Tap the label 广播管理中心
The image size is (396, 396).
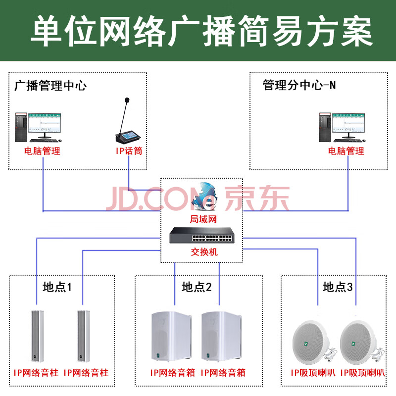pos(50,86)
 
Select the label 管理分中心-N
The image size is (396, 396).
pos(299,85)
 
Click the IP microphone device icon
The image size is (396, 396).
pos(128,124)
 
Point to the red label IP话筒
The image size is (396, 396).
pos(128,150)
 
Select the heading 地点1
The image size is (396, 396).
pos(57,287)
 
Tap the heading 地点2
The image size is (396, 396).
pos(197,287)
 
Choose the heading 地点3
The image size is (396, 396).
pos(338,287)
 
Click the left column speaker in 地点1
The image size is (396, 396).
pos(36,336)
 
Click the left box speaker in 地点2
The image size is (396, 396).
pos(171,336)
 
